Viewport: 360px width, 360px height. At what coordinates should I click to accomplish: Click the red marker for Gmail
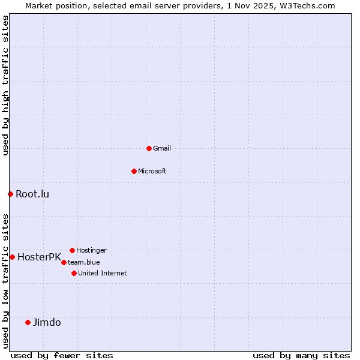149,148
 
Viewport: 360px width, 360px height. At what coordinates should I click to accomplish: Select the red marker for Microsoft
134,171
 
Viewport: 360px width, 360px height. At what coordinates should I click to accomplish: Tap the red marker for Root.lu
10,194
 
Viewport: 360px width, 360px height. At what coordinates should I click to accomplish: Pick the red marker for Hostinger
72,250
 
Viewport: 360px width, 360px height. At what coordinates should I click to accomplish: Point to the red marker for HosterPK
12,257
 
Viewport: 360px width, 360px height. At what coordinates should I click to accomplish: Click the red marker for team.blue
64,262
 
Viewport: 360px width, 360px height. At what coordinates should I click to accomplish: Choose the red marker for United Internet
74,273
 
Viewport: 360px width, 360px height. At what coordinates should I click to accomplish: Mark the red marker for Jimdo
28,322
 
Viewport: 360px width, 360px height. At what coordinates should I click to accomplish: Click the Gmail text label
162,148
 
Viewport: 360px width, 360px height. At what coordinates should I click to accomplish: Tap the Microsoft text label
152,171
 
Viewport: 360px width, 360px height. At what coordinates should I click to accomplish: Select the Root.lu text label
32,194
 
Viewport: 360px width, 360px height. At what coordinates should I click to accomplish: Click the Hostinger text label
91,250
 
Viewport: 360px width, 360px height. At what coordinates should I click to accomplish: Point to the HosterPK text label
39,257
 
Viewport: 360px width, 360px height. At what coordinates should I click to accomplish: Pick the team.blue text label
84,262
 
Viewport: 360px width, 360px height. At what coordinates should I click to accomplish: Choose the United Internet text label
103,273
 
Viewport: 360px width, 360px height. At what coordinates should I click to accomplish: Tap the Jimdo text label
47,322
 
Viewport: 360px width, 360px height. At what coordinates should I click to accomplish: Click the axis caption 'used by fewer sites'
62,355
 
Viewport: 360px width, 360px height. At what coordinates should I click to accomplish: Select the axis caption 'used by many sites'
301,355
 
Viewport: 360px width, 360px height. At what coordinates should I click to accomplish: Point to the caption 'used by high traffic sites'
5,85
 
